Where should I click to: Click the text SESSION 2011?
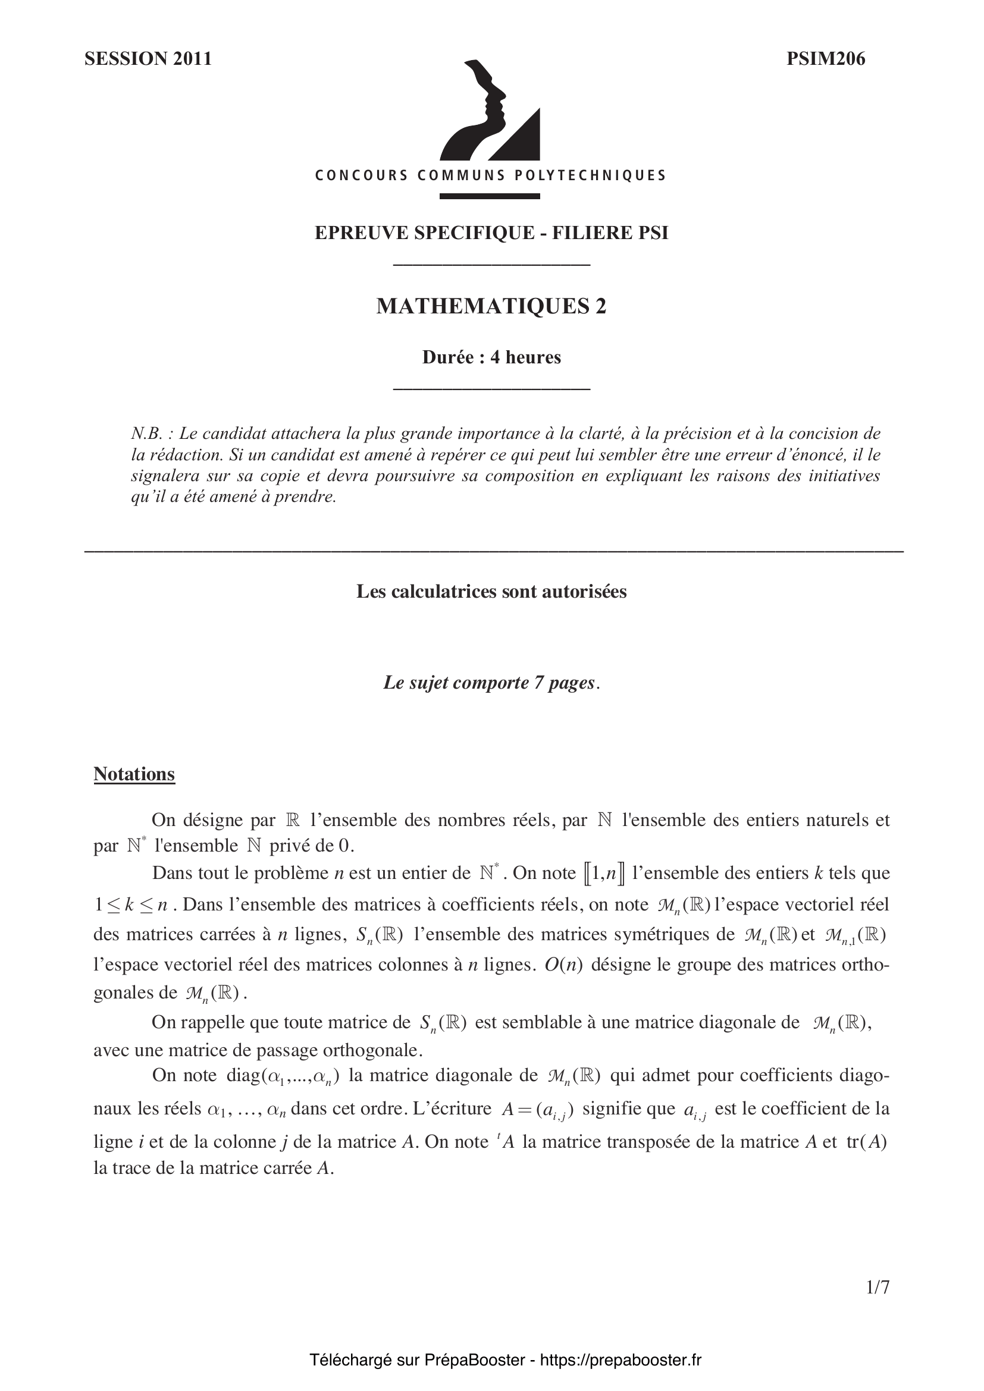coord(148,59)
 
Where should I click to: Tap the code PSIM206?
coord(825,59)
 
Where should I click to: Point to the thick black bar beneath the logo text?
coord(490,196)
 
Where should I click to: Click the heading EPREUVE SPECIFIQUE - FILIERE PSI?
coord(491,233)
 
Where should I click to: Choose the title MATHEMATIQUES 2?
coord(491,306)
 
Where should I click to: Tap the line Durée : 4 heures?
coord(491,357)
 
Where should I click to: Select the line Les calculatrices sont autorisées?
coord(491,591)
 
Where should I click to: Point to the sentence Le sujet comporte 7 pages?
coord(491,683)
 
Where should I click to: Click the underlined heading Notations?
coord(134,774)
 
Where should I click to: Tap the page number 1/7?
coord(878,1304)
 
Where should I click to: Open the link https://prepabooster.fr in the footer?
coord(620,1360)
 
